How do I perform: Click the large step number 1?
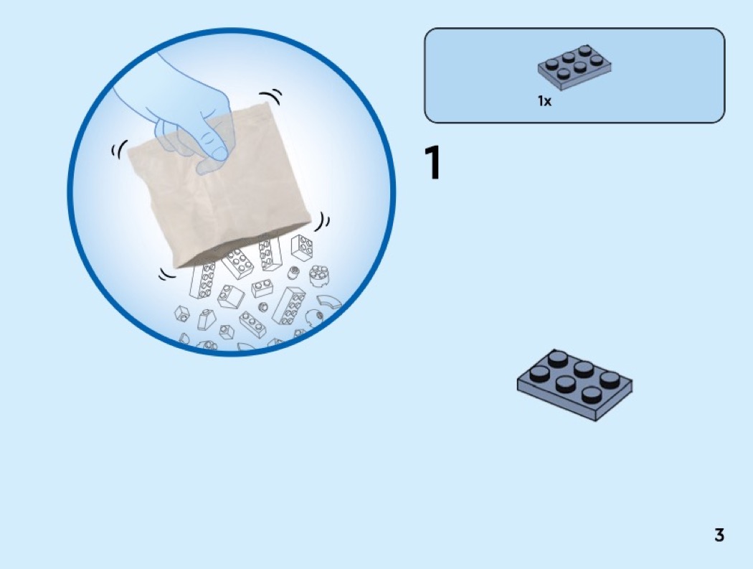click(x=432, y=163)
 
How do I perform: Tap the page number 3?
click(x=719, y=535)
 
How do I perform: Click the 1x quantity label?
click(x=544, y=101)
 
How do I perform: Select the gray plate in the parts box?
click(x=574, y=67)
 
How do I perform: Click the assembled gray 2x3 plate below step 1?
click(x=575, y=385)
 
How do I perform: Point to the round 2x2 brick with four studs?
click(x=318, y=276)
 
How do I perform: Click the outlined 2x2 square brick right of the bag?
click(x=302, y=248)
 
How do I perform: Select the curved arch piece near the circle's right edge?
click(x=329, y=301)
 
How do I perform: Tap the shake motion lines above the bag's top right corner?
click(x=271, y=95)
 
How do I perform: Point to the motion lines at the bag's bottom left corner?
click(x=168, y=274)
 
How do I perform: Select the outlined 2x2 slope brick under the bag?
click(x=230, y=296)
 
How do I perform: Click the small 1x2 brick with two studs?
click(x=262, y=288)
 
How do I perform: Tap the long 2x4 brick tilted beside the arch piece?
click(x=288, y=306)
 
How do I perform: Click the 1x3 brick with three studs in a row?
click(x=252, y=324)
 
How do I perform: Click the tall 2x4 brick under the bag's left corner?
click(x=203, y=281)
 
